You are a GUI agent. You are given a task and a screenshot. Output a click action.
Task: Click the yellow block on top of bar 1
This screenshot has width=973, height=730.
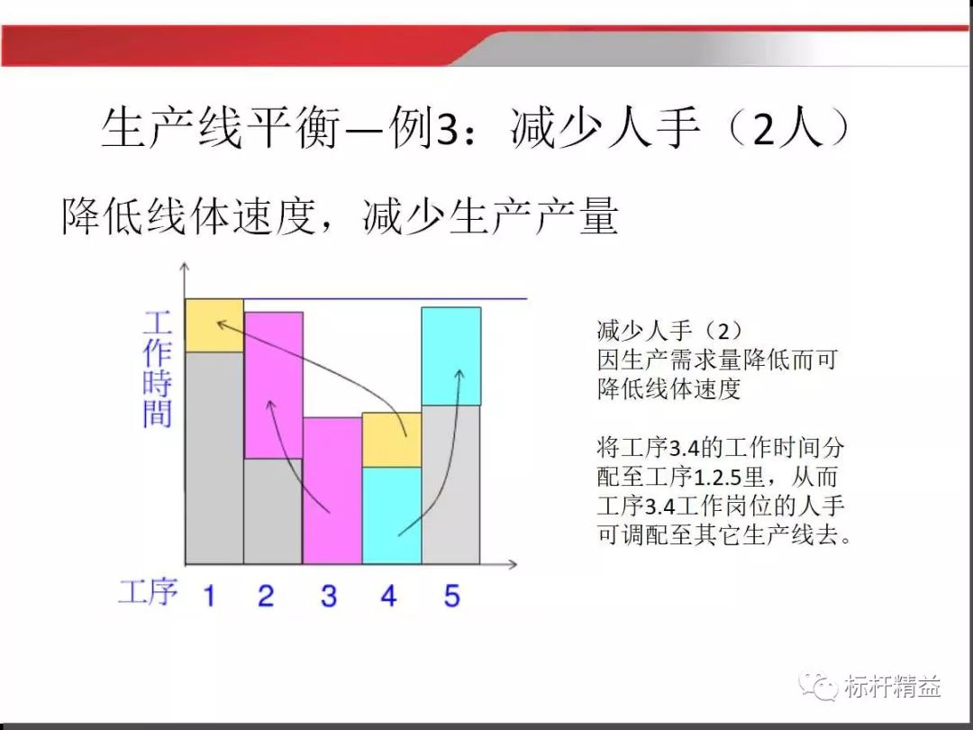tap(214, 325)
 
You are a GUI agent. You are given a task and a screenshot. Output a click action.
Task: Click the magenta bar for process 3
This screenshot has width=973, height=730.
tap(332, 490)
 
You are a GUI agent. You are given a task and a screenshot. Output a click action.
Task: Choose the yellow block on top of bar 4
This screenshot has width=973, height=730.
tap(392, 440)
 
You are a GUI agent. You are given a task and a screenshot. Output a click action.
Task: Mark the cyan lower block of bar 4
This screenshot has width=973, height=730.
tap(392, 516)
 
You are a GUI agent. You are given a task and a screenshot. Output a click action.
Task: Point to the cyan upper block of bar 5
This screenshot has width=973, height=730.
tap(451, 356)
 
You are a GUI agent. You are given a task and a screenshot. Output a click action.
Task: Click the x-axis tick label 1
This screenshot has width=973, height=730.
tap(209, 596)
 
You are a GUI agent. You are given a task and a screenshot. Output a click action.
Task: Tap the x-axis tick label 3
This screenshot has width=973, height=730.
tap(329, 596)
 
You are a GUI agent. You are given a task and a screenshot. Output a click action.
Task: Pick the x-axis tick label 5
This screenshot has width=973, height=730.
tap(451, 596)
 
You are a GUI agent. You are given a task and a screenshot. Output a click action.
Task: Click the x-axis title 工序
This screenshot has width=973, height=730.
tap(149, 592)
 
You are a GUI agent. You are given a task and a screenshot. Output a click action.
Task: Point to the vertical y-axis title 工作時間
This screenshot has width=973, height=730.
tap(158, 370)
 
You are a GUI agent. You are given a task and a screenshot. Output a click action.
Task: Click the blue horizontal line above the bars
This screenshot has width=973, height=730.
tap(387, 298)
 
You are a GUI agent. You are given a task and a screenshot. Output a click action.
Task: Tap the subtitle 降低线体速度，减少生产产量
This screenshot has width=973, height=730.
tap(340, 217)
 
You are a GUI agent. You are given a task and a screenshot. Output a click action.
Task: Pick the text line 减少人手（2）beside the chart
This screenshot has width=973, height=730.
tap(671, 330)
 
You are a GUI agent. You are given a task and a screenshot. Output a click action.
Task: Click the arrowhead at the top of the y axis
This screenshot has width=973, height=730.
tap(184, 268)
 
